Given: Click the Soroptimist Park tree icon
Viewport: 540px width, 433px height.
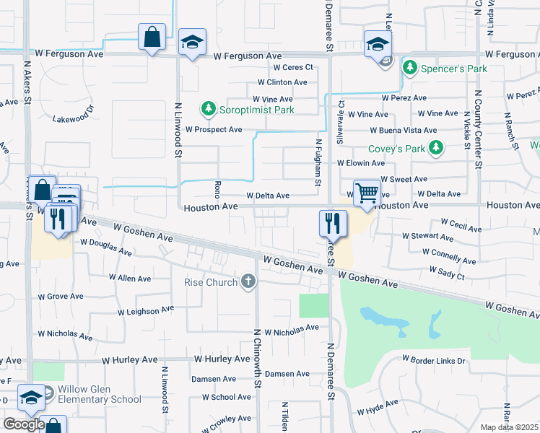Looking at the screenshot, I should [x=209, y=109].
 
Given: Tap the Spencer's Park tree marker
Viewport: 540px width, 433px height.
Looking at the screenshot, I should [x=410, y=68].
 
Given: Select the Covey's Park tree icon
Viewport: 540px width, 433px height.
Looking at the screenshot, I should [x=435, y=148].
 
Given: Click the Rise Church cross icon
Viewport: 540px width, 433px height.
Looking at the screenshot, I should [x=248, y=281].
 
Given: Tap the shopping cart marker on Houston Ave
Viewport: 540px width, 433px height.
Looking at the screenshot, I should [x=367, y=193].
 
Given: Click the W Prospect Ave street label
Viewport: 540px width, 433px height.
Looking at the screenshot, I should [x=214, y=130].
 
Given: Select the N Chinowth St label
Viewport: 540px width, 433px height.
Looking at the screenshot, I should [x=256, y=358].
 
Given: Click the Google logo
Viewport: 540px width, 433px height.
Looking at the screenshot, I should [x=24, y=424].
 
